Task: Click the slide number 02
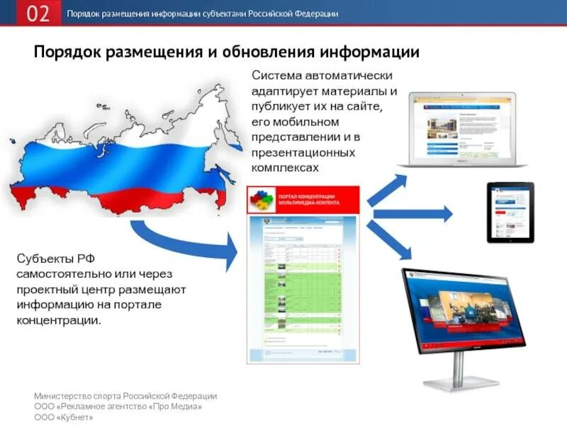pyautogui.click(x=38, y=13)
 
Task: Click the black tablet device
pyautogui.click(x=510, y=212)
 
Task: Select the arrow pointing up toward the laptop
pyautogui.click(x=387, y=189)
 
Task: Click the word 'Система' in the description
pyautogui.click(x=281, y=75)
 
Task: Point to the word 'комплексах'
pyautogui.click(x=286, y=168)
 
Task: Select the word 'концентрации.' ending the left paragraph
pyautogui.click(x=60, y=320)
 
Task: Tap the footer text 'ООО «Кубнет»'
pyautogui.click(x=64, y=417)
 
